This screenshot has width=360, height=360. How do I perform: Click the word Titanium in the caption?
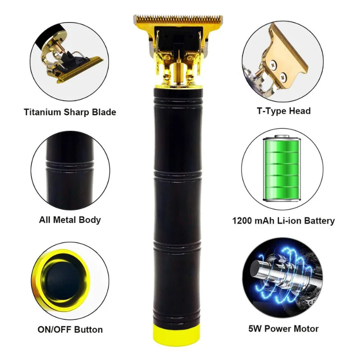coord(42,112)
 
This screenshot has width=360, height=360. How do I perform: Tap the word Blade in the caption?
coord(104,112)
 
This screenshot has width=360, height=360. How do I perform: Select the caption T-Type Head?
coord(283,111)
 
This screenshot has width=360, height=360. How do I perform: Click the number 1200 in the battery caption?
coord(242,220)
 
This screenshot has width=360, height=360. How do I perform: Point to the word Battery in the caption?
coord(319,221)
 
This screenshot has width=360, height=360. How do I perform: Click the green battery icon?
coord(282,168)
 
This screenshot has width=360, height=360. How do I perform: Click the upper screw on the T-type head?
coord(273,64)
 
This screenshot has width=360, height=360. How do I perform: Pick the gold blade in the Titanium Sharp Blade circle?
coord(81,69)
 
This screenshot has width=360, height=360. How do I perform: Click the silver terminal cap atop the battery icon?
coord(282,136)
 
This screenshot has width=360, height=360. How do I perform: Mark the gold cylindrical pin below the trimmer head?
coord(178,72)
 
